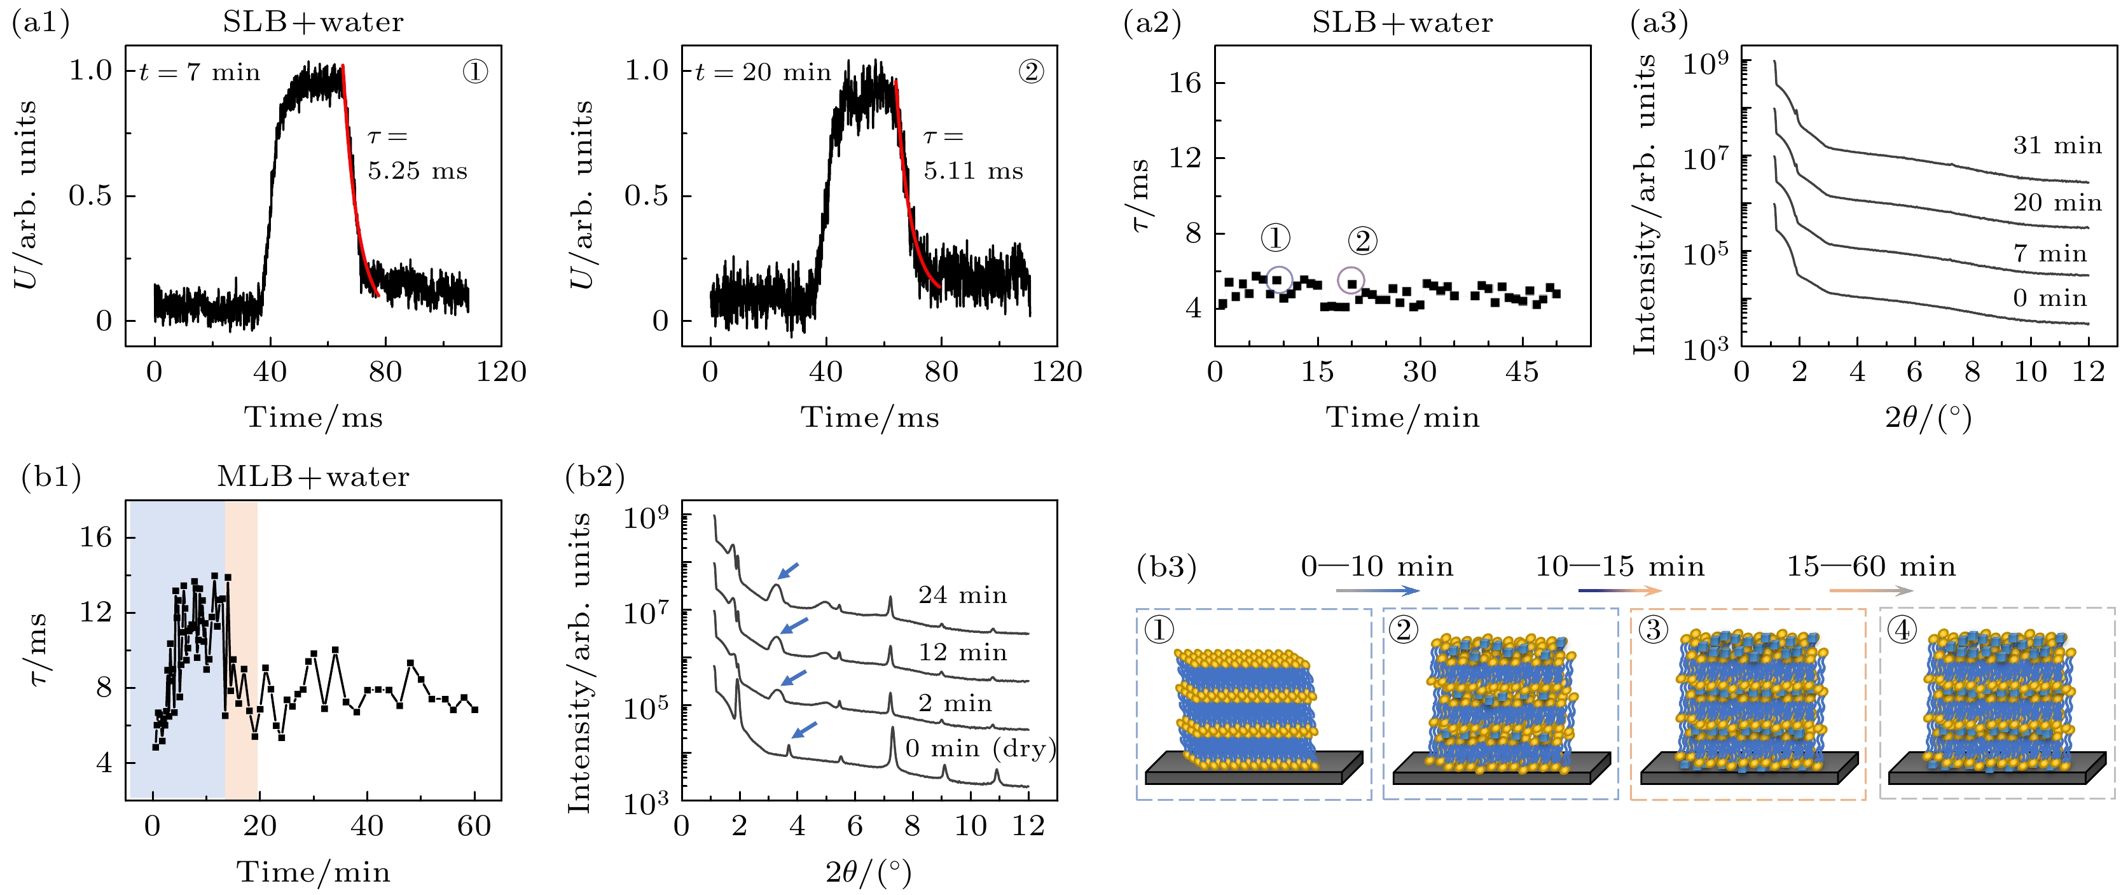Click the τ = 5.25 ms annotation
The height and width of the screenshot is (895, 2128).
point(417,154)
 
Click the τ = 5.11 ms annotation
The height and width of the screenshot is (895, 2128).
point(973,154)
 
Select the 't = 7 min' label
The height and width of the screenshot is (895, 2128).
point(200,73)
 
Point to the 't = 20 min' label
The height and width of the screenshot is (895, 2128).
point(763,73)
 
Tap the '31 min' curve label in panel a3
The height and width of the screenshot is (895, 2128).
point(2057,146)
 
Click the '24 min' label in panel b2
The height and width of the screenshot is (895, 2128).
point(962,595)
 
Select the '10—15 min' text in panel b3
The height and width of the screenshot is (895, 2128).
point(1620,567)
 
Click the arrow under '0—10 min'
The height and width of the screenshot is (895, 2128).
point(1377,591)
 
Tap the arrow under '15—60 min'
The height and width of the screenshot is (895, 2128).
point(1871,591)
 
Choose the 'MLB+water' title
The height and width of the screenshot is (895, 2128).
point(313,477)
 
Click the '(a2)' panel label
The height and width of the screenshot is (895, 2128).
point(1152,23)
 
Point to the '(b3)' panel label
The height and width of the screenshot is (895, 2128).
point(1166,567)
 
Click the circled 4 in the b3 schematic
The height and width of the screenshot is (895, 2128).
point(1902,630)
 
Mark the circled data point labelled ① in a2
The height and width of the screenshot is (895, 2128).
point(1278,280)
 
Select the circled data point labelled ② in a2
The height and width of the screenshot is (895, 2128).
point(1351,282)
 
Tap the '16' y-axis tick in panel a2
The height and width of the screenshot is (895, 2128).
point(1185,83)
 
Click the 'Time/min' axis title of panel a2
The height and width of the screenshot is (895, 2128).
point(1403,417)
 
